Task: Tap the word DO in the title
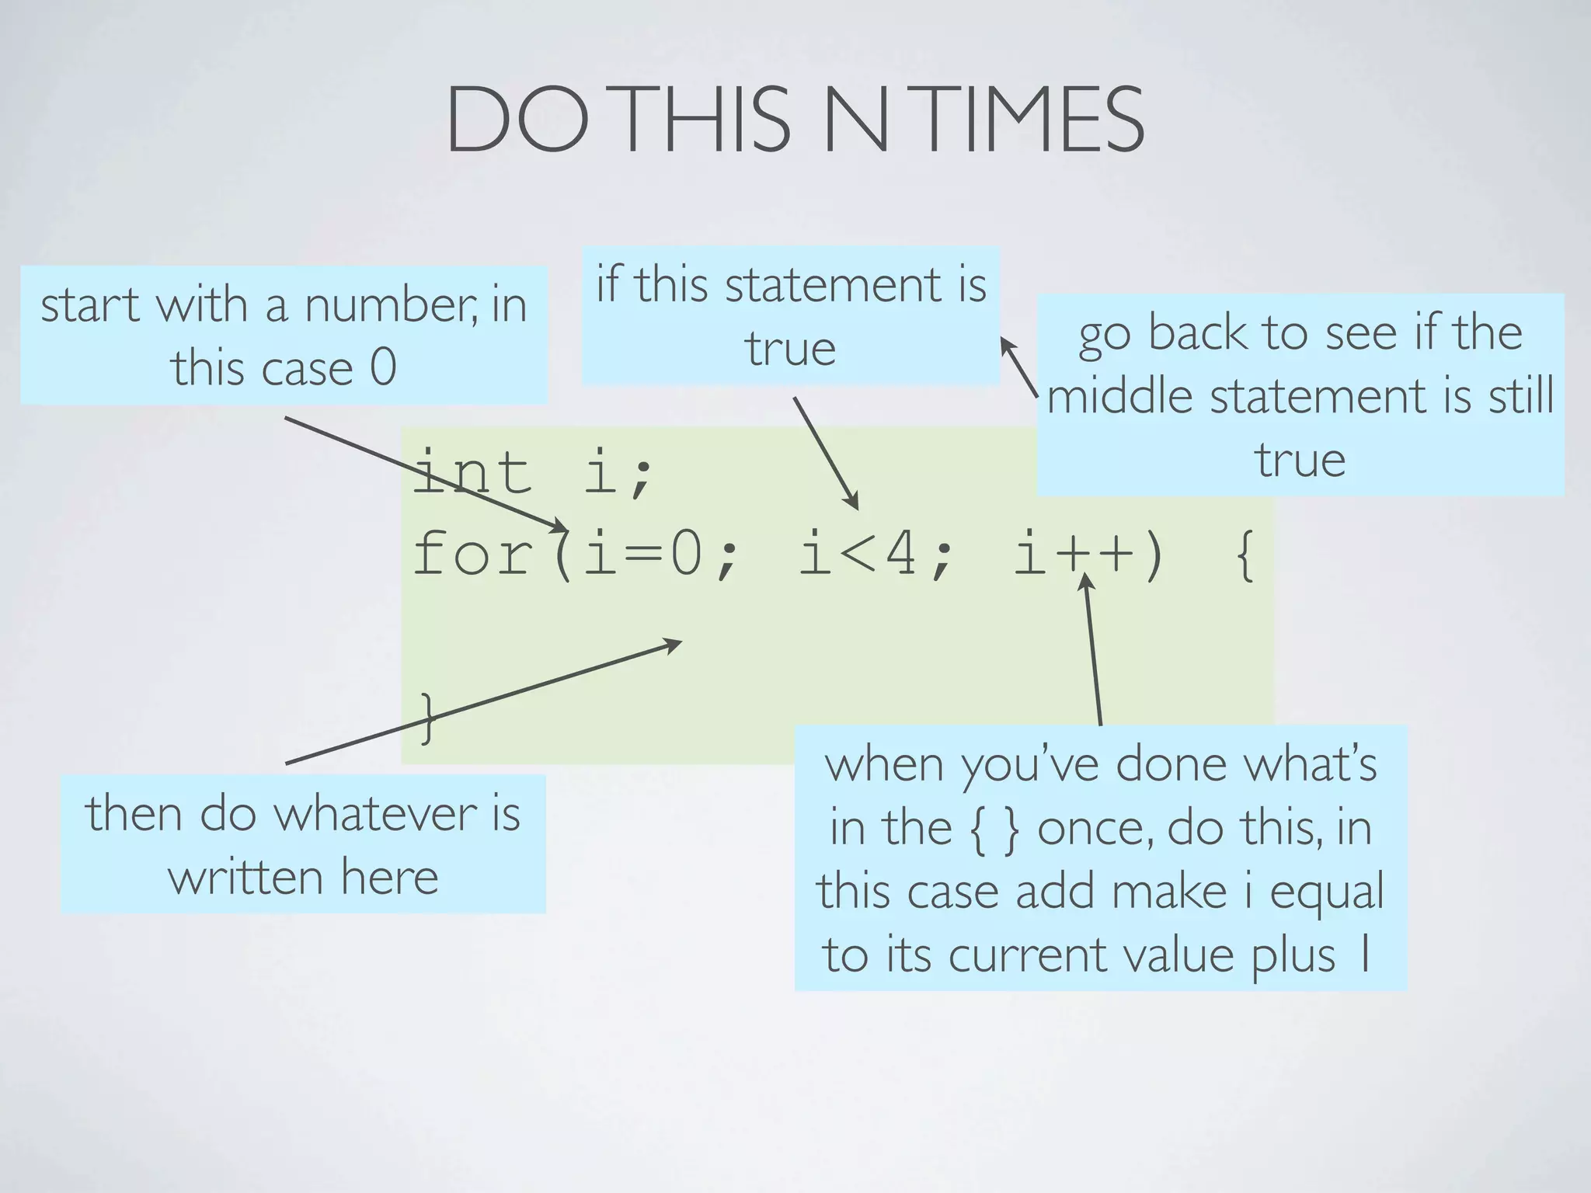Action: (x=517, y=120)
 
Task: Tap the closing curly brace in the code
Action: (x=426, y=718)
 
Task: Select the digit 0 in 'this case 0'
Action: (x=383, y=367)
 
